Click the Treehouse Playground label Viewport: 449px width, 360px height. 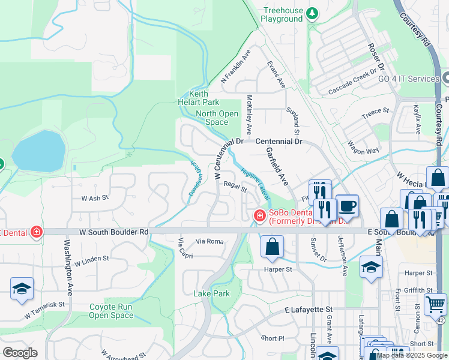point(282,14)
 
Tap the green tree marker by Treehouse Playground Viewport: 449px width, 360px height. point(312,13)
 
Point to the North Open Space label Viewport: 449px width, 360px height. point(217,118)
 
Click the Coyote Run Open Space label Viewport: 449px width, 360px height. point(111,311)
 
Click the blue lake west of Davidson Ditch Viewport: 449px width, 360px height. point(38,151)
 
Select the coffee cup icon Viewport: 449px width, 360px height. point(347,206)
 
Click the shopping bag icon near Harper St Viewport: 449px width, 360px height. point(272,247)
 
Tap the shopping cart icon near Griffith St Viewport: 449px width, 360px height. point(435,304)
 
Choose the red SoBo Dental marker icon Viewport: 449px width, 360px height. point(259,215)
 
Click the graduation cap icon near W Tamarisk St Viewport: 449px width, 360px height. point(22,289)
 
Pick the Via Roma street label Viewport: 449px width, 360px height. point(209,241)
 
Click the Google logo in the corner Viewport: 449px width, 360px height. point(20,353)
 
